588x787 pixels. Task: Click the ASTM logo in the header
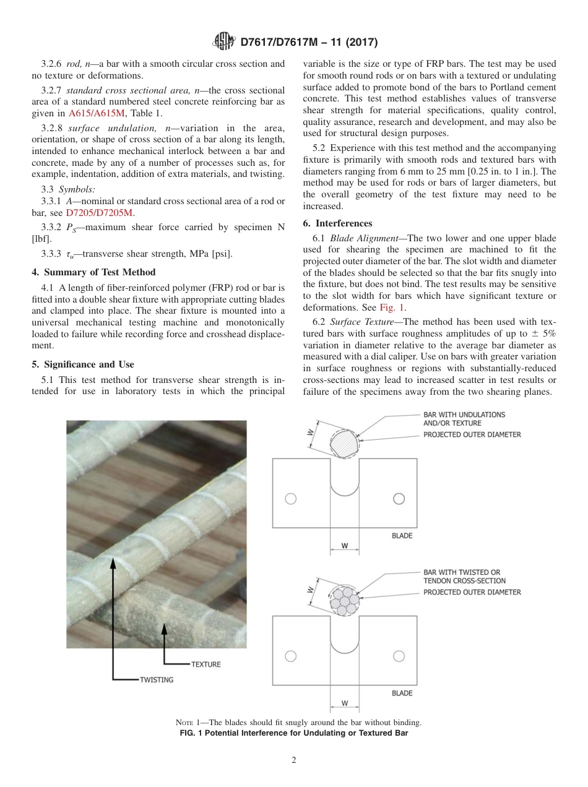pos(223,42)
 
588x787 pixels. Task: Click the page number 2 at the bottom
pos(294,760)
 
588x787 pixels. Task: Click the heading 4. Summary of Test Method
pos(93,272)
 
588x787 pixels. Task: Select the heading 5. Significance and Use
pos(82,364)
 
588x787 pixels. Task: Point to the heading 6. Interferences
pos(337,223)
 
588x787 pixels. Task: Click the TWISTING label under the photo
pos(156,679)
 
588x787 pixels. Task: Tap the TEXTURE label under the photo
pos(205,664)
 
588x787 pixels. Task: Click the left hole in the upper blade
pos(290,499)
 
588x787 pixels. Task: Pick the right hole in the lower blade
pos(399,656)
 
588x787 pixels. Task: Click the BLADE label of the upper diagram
pos(402,536)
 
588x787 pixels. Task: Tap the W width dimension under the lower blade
pos(344,703)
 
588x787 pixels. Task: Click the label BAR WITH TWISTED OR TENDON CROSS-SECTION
pos(464,577)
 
